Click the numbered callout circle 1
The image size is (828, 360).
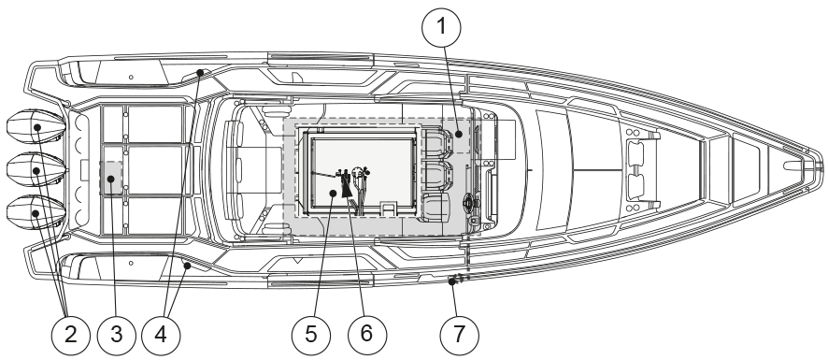point(441,26)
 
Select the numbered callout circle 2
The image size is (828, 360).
point(71,335)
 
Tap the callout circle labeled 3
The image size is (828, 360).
point(116,335)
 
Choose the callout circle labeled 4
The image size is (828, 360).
point(161,335)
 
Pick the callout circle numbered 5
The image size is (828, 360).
point(311,335)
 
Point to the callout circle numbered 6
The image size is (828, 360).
point(367,335)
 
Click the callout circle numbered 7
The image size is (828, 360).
point(460,335)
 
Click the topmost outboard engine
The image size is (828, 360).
point(36,127)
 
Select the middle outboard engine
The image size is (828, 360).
point(36,170)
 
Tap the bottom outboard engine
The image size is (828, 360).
point(36,213)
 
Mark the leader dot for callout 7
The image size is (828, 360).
point(452,281)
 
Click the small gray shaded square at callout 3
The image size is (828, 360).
point(111,179)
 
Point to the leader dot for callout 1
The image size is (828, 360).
point(459,135)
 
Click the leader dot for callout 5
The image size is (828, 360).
point(333,194)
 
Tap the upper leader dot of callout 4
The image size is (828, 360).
point(200,72)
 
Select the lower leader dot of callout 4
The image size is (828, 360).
point(187,266)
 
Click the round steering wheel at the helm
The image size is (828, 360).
point(469,201)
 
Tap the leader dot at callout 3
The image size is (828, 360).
point(111,179)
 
